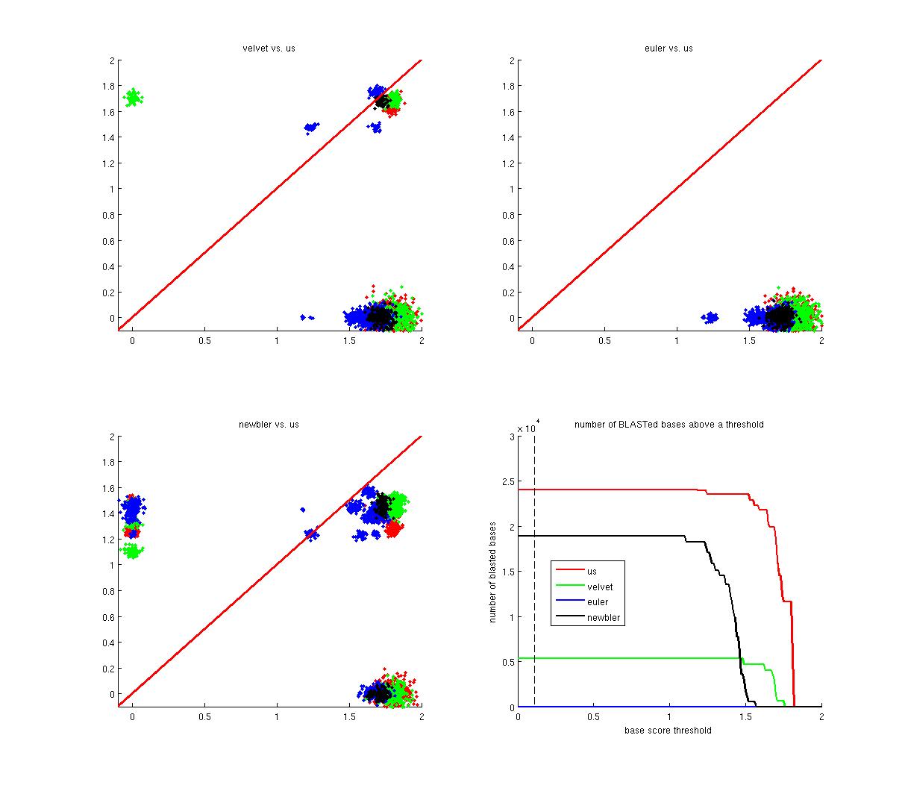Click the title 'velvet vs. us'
pos(269,49)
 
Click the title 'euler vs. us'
pos(669,49)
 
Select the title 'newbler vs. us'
pos(269,425)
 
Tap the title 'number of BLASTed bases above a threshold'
pos(669,425)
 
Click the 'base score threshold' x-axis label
pos(669,731)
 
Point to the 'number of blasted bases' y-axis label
pos(493,572)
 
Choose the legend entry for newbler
pos(604,617)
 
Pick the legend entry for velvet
pos(600,587)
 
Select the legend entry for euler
pos(598,602)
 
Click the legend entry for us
pos(592,572)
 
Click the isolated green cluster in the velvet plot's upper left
pos(134,98)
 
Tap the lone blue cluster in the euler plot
pos(710,318)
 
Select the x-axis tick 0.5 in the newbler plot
pos(204,718)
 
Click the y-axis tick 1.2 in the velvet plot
pos(110,163)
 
